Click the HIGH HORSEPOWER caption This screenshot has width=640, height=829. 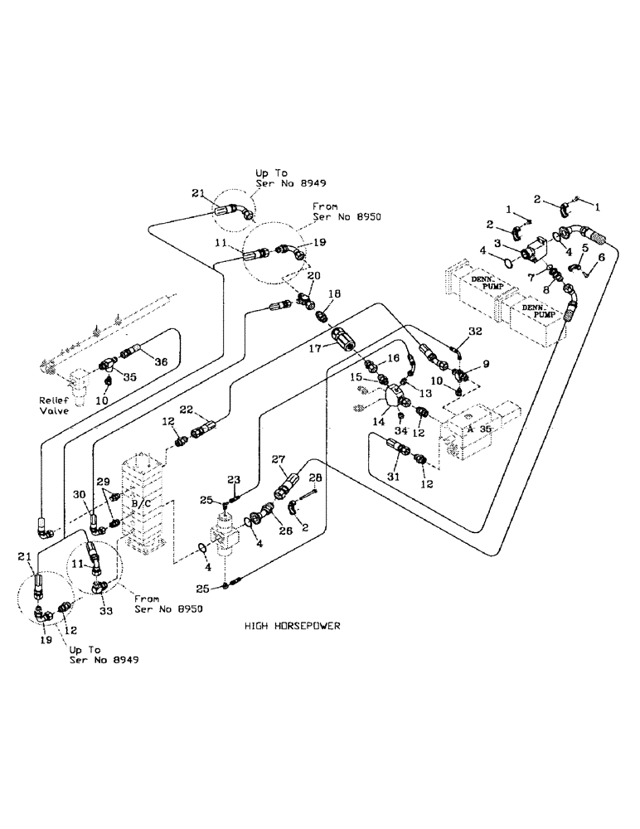[x=293, y=627]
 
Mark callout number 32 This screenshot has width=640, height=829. [x=473, y=331]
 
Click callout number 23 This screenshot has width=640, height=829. [x=234, y=478]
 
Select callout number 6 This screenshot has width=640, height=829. [x=602, y=258]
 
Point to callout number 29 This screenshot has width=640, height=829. [x=103, y=482]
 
